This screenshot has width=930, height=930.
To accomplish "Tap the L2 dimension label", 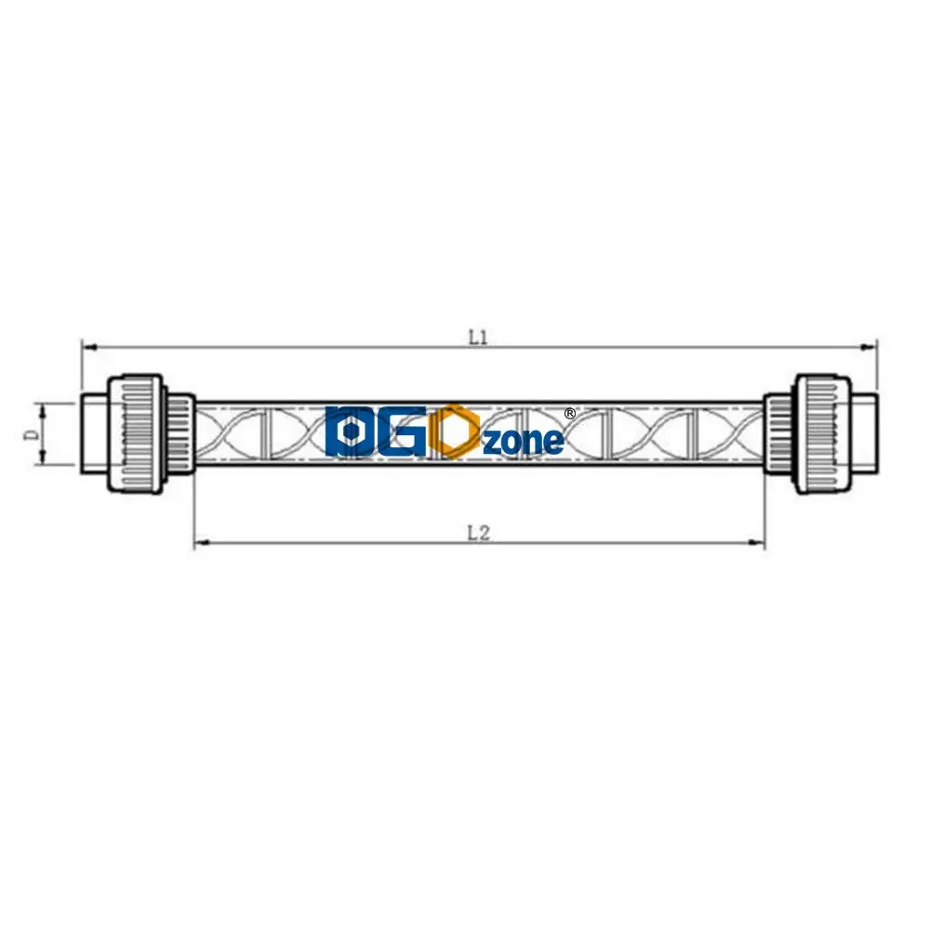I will pyautogui.click(x=478, y=534).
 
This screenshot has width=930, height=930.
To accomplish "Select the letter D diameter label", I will pyautogui.click(x=31, y=433).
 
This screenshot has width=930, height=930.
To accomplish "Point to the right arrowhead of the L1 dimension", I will pyautogui.click(x=872, y=348).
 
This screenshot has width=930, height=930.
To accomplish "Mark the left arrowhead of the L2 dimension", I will pyautogui.click(x=199, y=542).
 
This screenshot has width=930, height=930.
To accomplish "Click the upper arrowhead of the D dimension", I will pyautogui.click(x=41, y=407).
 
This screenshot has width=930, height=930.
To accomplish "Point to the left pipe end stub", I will pyautogui.click(x=94, y=433).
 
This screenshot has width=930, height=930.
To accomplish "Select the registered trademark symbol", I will pyautogui.click(x=570, y=412).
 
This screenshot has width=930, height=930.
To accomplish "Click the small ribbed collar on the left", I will pyautogui.click(x=180, y=433).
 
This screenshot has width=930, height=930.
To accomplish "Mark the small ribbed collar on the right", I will pyautogui.click(x=777, y=433).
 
